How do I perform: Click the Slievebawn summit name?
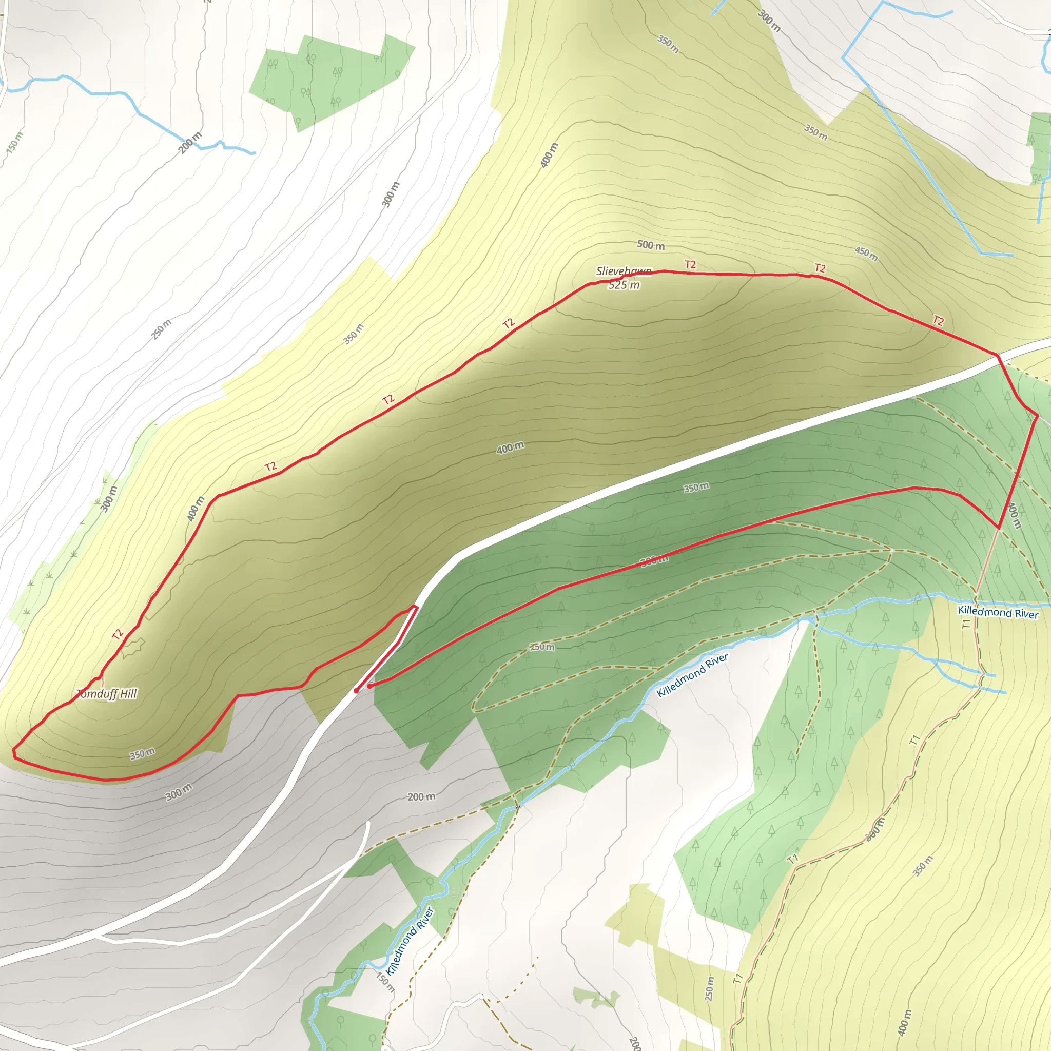[x=624, y=271]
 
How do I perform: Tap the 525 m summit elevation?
[x=624, y=285]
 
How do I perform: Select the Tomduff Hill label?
[x=107, y=694]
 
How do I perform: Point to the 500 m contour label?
[x=651, y=245]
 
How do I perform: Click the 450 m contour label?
[x=866, y=254]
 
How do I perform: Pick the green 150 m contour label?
[x=15, y=143]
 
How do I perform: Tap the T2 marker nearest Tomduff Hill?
[x=118, y=634]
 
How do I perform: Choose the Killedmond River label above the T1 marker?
[x=998, y=613]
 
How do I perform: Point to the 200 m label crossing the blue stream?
[x=190, y=143]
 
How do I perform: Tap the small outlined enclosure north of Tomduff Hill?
[x=133, y=647]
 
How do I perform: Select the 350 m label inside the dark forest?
[x=696, y=488]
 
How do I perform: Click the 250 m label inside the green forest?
[x=542, y=647]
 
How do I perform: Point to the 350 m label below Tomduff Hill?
[x=143, y=754]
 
